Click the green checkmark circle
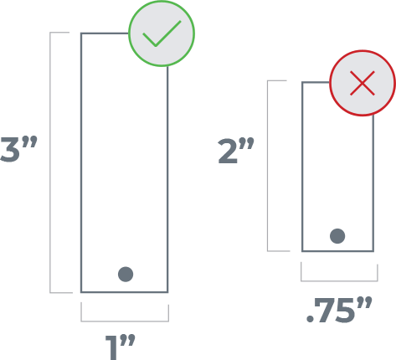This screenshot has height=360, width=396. [x=162, y=33]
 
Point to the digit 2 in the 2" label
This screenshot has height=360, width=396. [x=228, y=152]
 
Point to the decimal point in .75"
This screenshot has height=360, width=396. [x=311, y=321]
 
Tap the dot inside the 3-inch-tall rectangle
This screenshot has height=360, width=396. [x=126, y=274]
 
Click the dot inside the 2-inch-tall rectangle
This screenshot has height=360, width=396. [x=337, y=236]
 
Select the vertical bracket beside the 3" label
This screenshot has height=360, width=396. [x=53, y=162]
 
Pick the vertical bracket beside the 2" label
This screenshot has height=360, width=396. [x=268, y=165]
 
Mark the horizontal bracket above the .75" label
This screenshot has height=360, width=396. [x=337, y=279]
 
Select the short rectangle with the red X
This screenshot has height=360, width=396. [x=337, y=167]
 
